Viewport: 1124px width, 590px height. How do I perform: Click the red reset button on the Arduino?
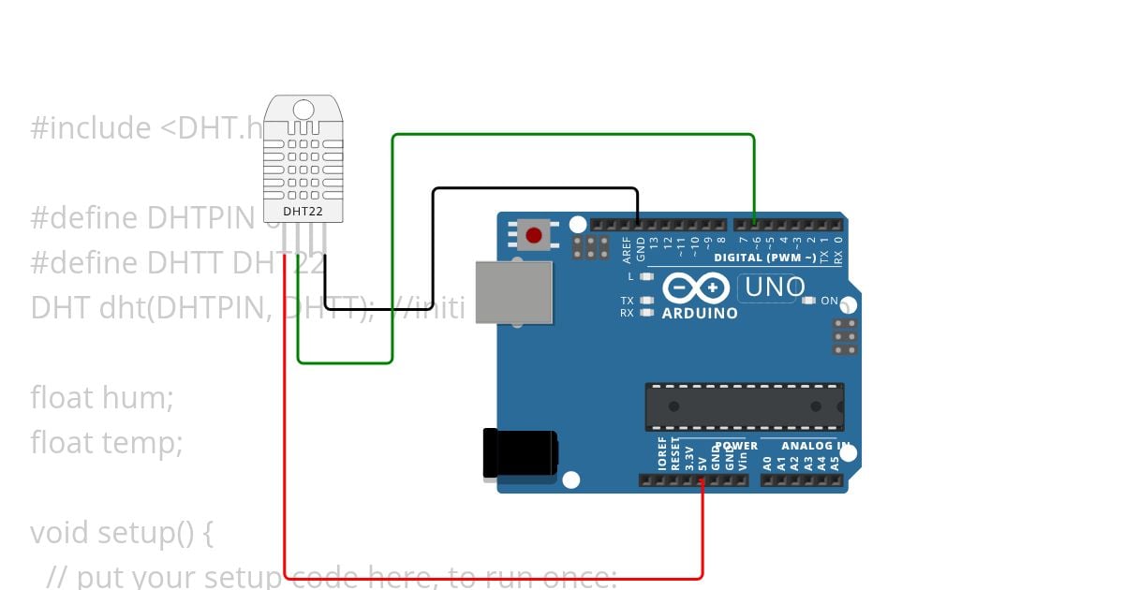click(x=534, y=235)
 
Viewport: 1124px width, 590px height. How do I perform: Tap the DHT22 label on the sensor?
click(x=303, y=212)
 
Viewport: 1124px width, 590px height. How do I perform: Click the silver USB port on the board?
click(x=513, y=292)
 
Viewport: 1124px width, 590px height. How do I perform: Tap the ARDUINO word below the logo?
click(x=700, y=313)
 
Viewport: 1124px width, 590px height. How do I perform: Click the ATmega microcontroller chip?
click(x=744, y=406)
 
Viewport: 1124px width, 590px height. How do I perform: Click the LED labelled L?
click(x=646, y=277)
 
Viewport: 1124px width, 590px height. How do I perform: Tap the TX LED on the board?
click(x=646, y=301)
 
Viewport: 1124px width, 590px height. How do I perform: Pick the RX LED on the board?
click(x=646, y=313)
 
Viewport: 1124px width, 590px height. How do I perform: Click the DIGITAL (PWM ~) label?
click(x=764, y=258)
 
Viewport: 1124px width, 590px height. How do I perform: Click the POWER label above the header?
click(x=736, y=447)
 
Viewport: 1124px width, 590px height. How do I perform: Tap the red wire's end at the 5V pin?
click(x=702, y=481)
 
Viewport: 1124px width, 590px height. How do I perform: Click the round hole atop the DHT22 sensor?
click(x=303, y=110)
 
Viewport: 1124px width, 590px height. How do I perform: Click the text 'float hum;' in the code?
click(x=102, y=398)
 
